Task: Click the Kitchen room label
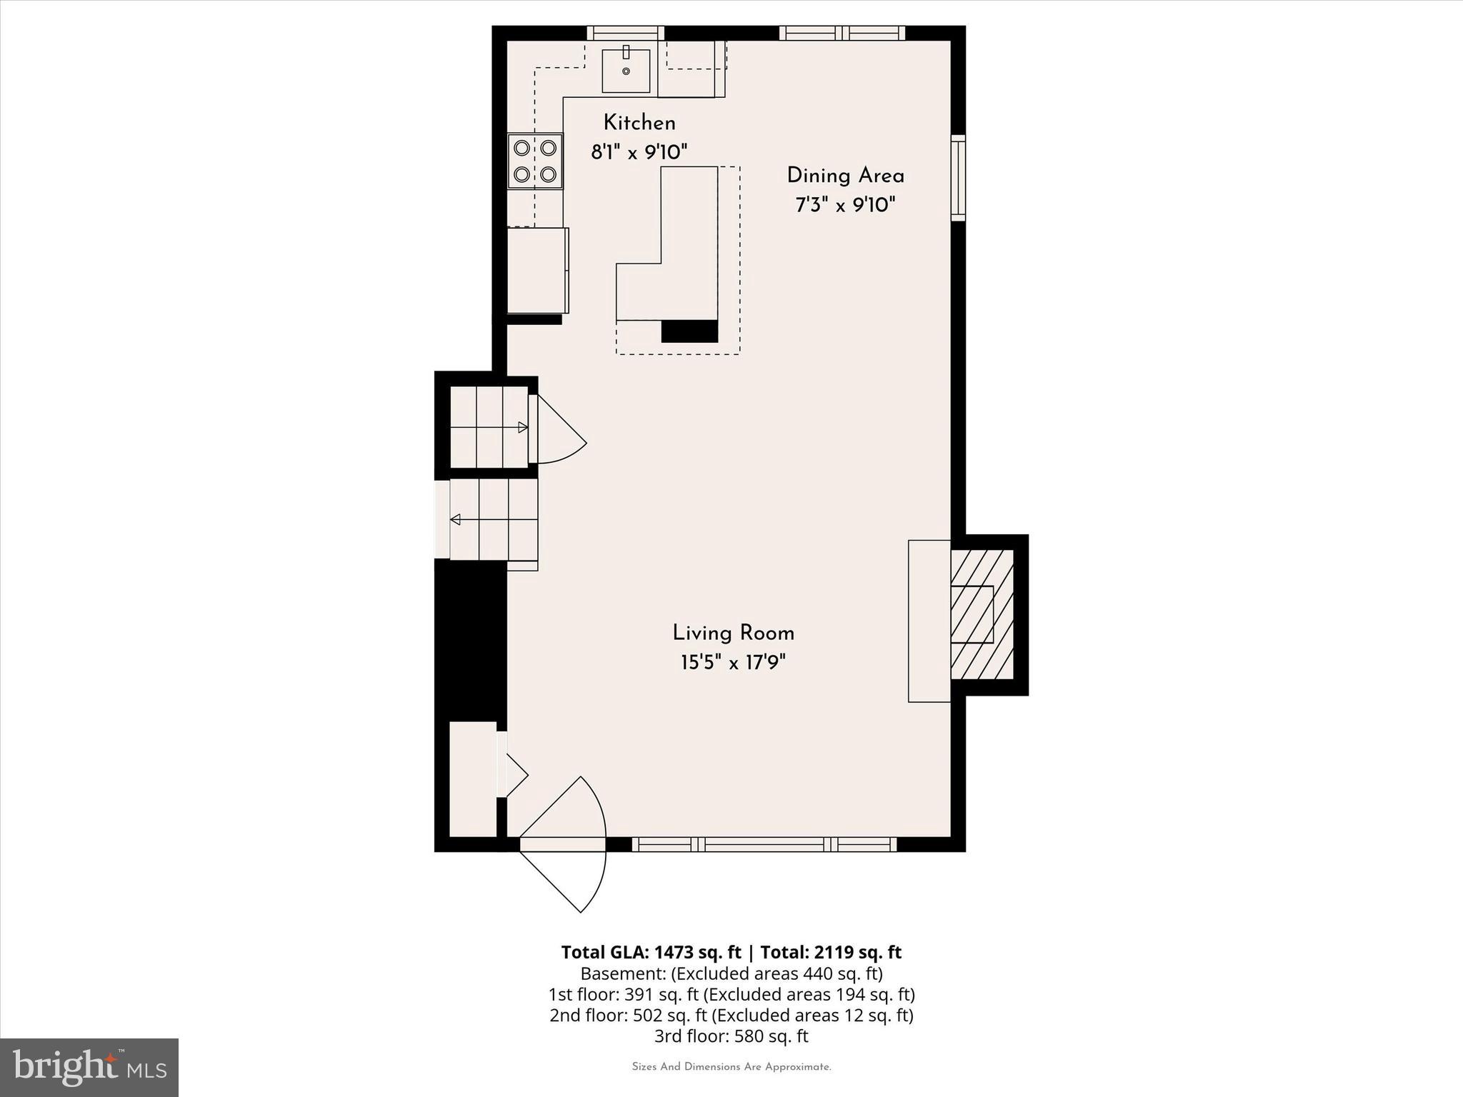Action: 639,123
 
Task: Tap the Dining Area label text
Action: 845,176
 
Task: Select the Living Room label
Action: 733,633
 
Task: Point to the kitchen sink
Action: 626,71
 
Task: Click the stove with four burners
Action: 535,161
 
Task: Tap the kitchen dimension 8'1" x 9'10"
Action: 639,152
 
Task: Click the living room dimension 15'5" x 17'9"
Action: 733,663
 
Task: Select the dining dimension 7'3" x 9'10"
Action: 845,206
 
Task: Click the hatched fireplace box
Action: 982,615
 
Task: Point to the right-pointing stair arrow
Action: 522,428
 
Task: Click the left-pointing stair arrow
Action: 456,519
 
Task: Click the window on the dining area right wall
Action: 958,177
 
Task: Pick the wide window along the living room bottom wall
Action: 764,844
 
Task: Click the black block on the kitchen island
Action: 689,331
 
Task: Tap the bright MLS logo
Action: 89,1068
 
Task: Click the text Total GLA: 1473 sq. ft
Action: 651,952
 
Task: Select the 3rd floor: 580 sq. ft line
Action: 731,1036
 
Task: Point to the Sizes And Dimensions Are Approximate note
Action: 731,1067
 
